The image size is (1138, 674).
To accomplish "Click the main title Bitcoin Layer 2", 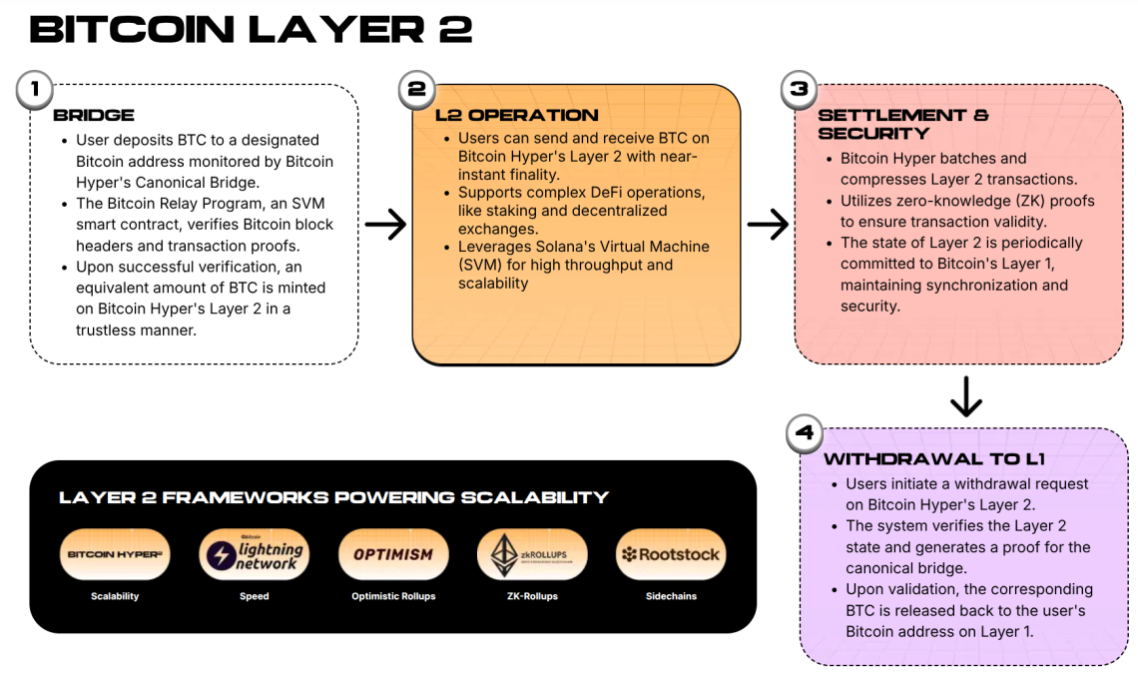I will [x=251, y=30].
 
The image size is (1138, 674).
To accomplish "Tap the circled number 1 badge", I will [x=34, y=89].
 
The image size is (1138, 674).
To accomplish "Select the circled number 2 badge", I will [x=415, y=89].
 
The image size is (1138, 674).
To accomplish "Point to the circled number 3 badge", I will [x=798, y=89].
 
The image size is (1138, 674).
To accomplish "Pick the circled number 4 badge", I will [x=804, y=433].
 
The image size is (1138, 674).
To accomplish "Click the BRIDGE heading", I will [x=94, y=115].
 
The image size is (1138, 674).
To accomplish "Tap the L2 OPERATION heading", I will [x=516, y=115].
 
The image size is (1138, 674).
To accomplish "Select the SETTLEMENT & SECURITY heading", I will [x=902, y=124].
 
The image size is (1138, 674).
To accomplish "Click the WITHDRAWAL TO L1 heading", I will [x=933, y=459].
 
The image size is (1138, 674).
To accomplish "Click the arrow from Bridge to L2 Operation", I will [x=385, y=225].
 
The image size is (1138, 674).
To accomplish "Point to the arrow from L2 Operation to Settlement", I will [x=768, y=225].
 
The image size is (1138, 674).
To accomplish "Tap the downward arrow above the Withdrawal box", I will [x=965, y=396].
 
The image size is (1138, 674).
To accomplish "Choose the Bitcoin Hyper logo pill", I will [x=115, y=554].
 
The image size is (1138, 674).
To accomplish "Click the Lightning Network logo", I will [x=254, y=554].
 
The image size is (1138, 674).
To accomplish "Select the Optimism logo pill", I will [x=392, y=554].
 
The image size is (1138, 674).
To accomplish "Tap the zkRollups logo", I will [x=531, y=554].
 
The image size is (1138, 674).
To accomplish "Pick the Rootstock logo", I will [x=670, y=554].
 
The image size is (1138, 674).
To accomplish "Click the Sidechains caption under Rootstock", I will [x=670, y=596].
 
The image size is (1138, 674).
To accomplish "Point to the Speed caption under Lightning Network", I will [x=254, y=596].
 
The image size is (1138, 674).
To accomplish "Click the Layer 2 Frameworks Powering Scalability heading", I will [x=333, y=497].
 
